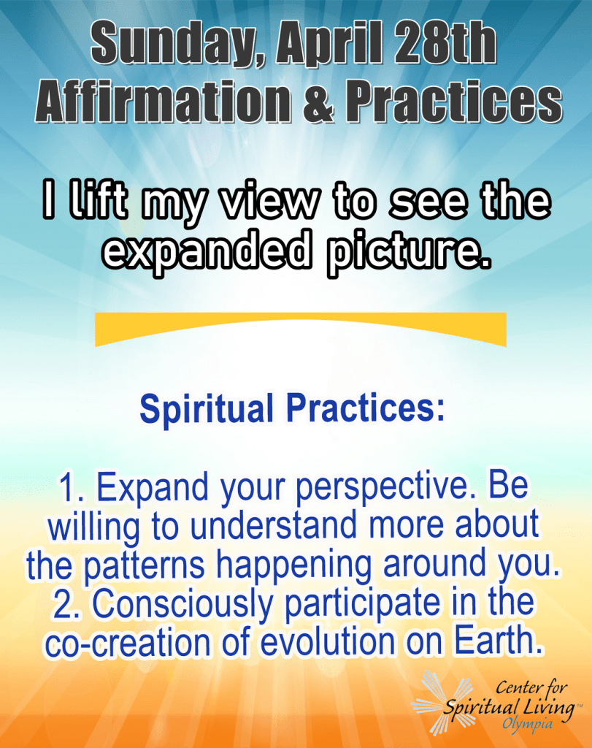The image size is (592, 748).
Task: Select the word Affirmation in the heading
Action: (x=163, y=102)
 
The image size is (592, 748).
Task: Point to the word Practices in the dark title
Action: (x=454, y=102)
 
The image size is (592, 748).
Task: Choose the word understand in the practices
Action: (x=274, y=524)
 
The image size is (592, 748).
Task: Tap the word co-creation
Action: (x=128, y=643)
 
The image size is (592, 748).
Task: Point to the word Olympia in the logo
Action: (x=527, y=725)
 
